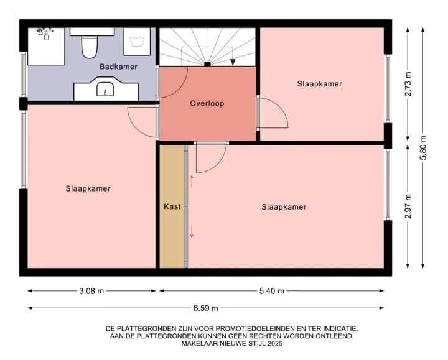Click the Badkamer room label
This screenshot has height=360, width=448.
click(118, 67)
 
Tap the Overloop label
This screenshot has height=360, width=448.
click(207, 103)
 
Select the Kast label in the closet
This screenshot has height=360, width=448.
click(172, 206)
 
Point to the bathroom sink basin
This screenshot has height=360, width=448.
click(105, 89)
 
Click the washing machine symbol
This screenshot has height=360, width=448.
click(137, 42)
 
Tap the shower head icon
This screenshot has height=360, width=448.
click(45, 32)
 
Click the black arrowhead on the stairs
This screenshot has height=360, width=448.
click(233, 62)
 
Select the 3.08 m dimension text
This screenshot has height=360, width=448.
click(91, 291)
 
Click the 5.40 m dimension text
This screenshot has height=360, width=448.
click(272, 291)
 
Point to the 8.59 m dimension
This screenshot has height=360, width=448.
click(206, 308)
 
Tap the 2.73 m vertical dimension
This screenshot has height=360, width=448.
click(408, 84)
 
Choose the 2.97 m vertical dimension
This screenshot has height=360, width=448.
click(408, 206)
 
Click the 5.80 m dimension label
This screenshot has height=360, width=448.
click(423, 147)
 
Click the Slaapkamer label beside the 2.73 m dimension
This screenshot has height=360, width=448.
click(319, 84)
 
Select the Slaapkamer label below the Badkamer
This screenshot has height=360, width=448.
click(88, 189)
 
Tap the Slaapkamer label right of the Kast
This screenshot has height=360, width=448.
click(284, 207)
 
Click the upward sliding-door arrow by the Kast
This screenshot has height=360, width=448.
click(192, 182)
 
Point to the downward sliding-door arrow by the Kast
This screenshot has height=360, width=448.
click(192, 231)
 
